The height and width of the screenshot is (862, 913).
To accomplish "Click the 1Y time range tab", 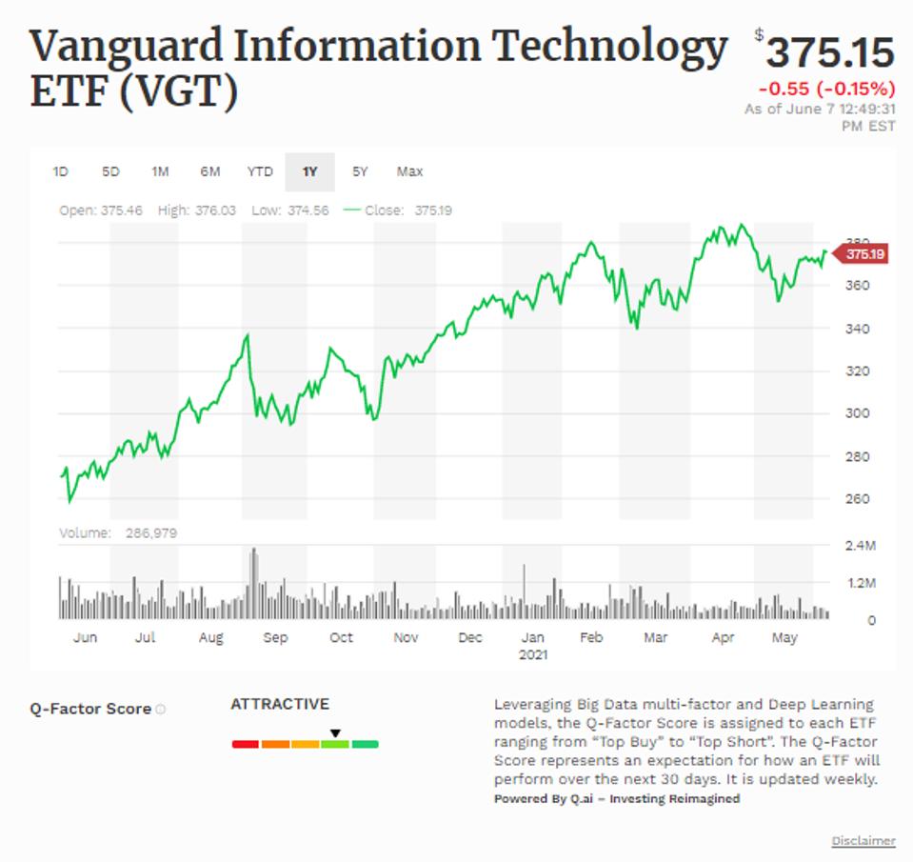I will (x=309, y=171).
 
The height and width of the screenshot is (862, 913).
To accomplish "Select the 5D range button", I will (x=110, y=171).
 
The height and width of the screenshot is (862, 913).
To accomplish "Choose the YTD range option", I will (x=260, y=171).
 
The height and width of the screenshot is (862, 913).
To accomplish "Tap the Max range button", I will (x=409, y=171).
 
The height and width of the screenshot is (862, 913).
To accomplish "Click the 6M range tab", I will (x=209, y=171).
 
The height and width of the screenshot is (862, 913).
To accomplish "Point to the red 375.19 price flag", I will (x=863, y=254).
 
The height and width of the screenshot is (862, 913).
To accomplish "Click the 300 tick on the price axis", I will (x=859, y=413).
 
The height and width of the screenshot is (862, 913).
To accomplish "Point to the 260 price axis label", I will (x=859, y=499).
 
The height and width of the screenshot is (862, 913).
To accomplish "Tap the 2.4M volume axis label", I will (x=861, y=547).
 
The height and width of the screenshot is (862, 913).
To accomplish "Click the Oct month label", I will (x=341, y=638).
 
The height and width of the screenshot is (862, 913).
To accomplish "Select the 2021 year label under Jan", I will (x=533, y=655).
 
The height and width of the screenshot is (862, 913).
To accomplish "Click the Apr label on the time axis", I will (x=723, y=638).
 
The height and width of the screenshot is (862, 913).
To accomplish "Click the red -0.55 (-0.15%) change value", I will (x=826, y=89).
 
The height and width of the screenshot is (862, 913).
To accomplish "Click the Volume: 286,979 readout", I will (x=118, y=533).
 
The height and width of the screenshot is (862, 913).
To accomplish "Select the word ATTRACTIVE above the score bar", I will (x=280, y=704).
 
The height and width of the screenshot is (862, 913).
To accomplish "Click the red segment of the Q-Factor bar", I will (x=246, y=744).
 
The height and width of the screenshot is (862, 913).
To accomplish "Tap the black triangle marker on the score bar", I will (x=335, y=733).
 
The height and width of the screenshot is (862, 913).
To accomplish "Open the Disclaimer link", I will (x=863, y=841).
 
